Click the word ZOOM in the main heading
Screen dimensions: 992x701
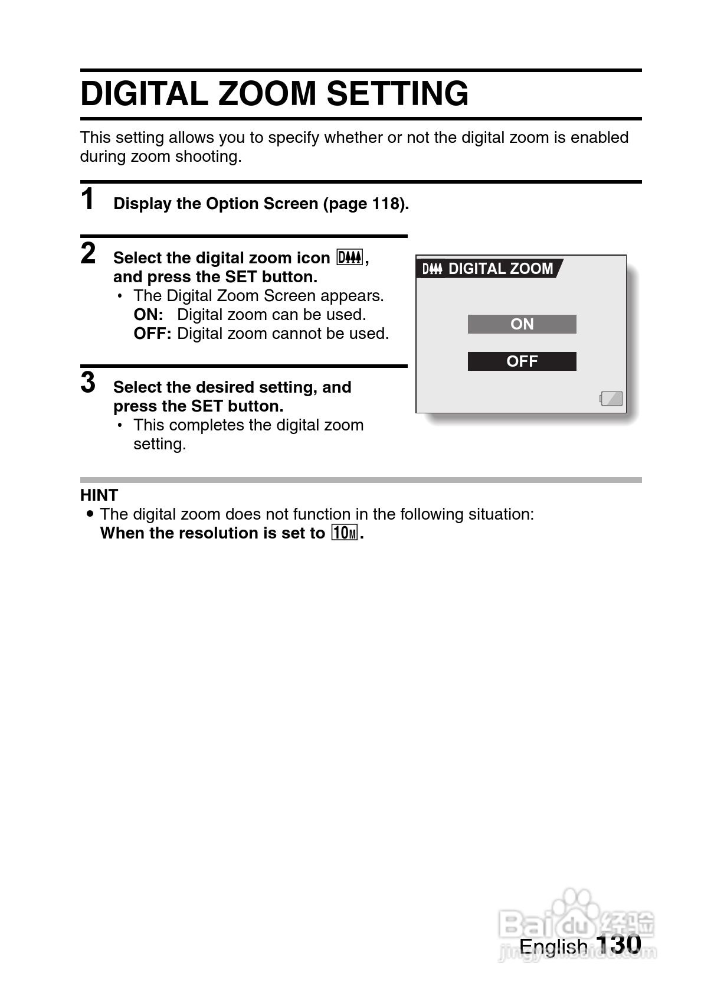click(267, 93)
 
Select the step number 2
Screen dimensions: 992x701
click(88, 253)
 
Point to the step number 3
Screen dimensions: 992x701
click(88, 382)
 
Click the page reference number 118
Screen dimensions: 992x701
click(387, 204)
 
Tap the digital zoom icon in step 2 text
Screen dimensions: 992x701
click(350, 257)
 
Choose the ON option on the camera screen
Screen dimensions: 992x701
click(522, 324)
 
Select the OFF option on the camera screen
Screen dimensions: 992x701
click(522, 361)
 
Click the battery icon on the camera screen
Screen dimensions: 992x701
click(611, 399)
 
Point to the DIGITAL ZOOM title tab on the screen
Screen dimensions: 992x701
click(489, 269)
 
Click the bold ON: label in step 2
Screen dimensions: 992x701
click(148, 315)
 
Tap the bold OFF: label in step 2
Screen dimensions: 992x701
click(152, 334)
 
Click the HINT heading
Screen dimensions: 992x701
click(99, 495)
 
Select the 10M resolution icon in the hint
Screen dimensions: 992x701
click(345, 533)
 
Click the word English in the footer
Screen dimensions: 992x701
click(553, 946)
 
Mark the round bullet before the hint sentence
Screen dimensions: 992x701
click(90, 514)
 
